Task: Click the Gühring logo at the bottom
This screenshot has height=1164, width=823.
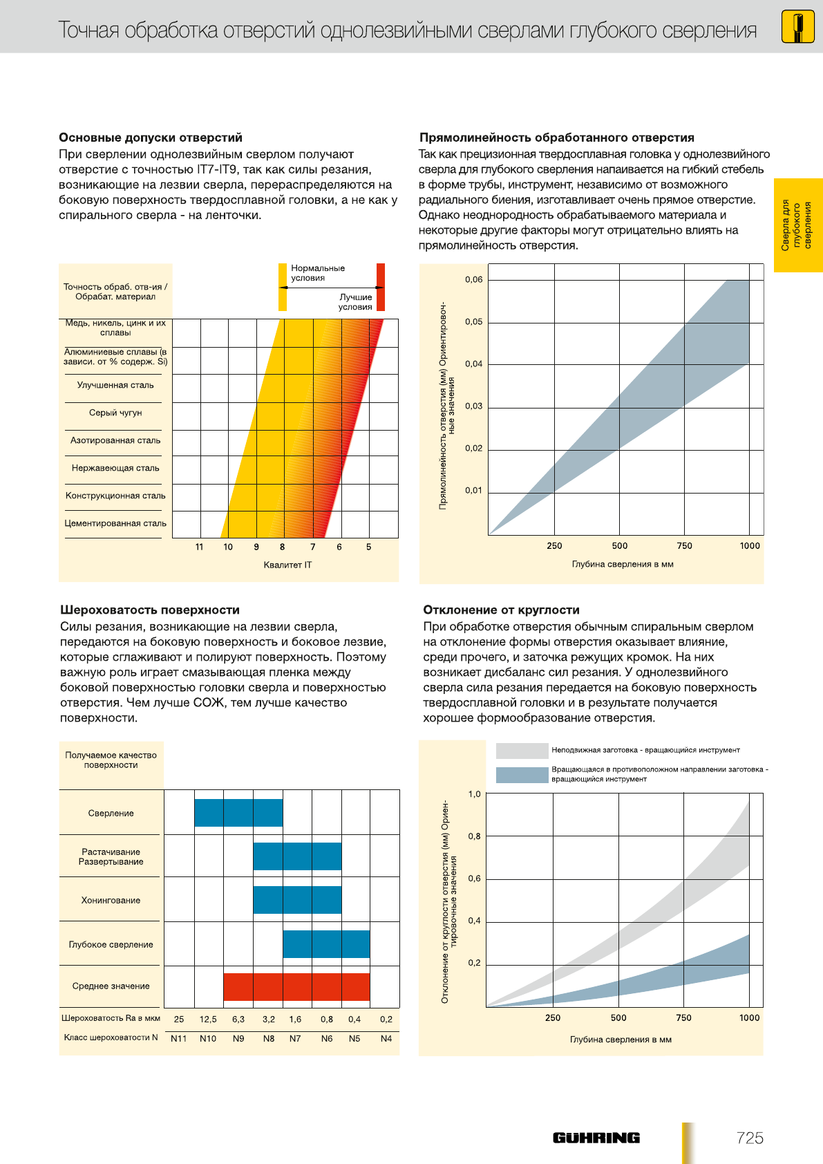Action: coord(596,1138)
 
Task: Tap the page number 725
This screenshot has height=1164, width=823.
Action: coord(750,1138)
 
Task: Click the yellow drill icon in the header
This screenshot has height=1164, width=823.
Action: coord(797,27)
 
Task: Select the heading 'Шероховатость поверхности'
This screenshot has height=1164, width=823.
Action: coord(150,610)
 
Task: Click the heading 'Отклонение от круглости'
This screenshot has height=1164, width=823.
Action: coord(501,610)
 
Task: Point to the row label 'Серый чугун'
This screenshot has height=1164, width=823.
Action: coord(115,413)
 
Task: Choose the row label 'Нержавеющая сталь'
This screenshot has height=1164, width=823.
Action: coord(115,468)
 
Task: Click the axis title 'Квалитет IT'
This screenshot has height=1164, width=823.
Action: coord(287,565)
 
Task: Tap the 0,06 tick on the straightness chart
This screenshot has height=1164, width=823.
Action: coord(473,279)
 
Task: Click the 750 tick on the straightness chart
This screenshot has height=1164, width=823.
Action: coord(684,545)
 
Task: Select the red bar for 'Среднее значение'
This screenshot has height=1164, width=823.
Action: coord(296,986)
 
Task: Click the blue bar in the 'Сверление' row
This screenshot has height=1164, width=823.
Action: coord(238,813)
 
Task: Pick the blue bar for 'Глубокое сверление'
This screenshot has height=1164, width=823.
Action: coord(326,944)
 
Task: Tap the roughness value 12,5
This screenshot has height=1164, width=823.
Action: coord(208,1019)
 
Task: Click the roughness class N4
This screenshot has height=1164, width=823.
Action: coord(386,1038)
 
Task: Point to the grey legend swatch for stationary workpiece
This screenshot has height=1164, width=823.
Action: coord(522,751)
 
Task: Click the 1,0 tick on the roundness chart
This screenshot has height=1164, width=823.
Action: coord(474,794)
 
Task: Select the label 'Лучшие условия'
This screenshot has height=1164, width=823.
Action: coord(355,302)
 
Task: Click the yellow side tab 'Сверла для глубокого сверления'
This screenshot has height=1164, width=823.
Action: coord(798,225)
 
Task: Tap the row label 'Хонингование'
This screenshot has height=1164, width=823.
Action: coord(111,900)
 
